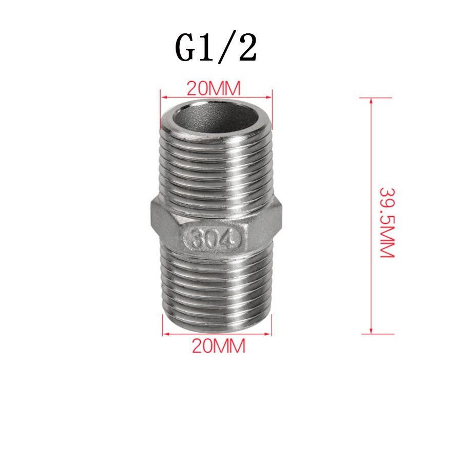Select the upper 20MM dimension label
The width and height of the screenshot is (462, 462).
click(213, 89)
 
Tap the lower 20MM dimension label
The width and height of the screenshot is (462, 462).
click(219, 346)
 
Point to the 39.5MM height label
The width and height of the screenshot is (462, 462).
click(386, 222)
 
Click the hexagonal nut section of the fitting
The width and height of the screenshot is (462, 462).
click(216, 226)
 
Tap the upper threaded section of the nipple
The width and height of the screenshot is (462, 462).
click(216, 164)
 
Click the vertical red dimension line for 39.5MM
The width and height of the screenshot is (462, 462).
click(371, 154)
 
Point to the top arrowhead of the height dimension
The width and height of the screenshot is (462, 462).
click(371, 101)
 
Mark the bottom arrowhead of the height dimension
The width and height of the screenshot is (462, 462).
click(371, 331)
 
